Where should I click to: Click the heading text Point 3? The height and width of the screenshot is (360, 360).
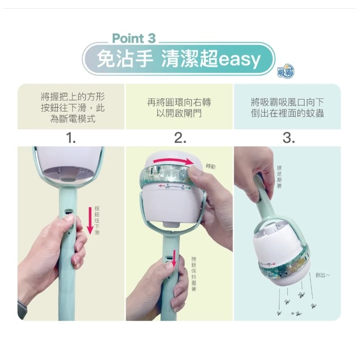[x=134, y=38]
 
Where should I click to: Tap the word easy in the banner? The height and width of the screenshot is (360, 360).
[x=239, y=59]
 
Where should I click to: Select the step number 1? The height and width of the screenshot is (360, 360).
[x=71, y=138]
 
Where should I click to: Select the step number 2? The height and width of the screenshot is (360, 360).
[x=180, y=138]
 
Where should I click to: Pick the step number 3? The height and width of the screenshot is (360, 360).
[x=289, y=138]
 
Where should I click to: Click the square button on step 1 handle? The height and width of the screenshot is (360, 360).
[x=68, y=212]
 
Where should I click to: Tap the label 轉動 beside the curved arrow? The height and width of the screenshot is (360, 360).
[x=210, y=166]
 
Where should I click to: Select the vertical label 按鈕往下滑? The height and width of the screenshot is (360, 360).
[x=97, y=220]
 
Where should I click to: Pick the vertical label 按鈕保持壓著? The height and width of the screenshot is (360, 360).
[x=194, y=274]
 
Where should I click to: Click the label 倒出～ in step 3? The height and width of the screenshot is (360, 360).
[x=323, y=275]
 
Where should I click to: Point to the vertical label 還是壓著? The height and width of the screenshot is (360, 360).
[x=279, y=177]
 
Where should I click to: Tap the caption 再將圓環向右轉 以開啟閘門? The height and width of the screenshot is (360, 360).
[x=179, y=107]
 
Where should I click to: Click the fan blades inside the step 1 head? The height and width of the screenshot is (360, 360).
[x=68, y=173]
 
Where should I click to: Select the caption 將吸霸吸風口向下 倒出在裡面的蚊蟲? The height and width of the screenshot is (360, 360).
[x=287, y=107]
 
